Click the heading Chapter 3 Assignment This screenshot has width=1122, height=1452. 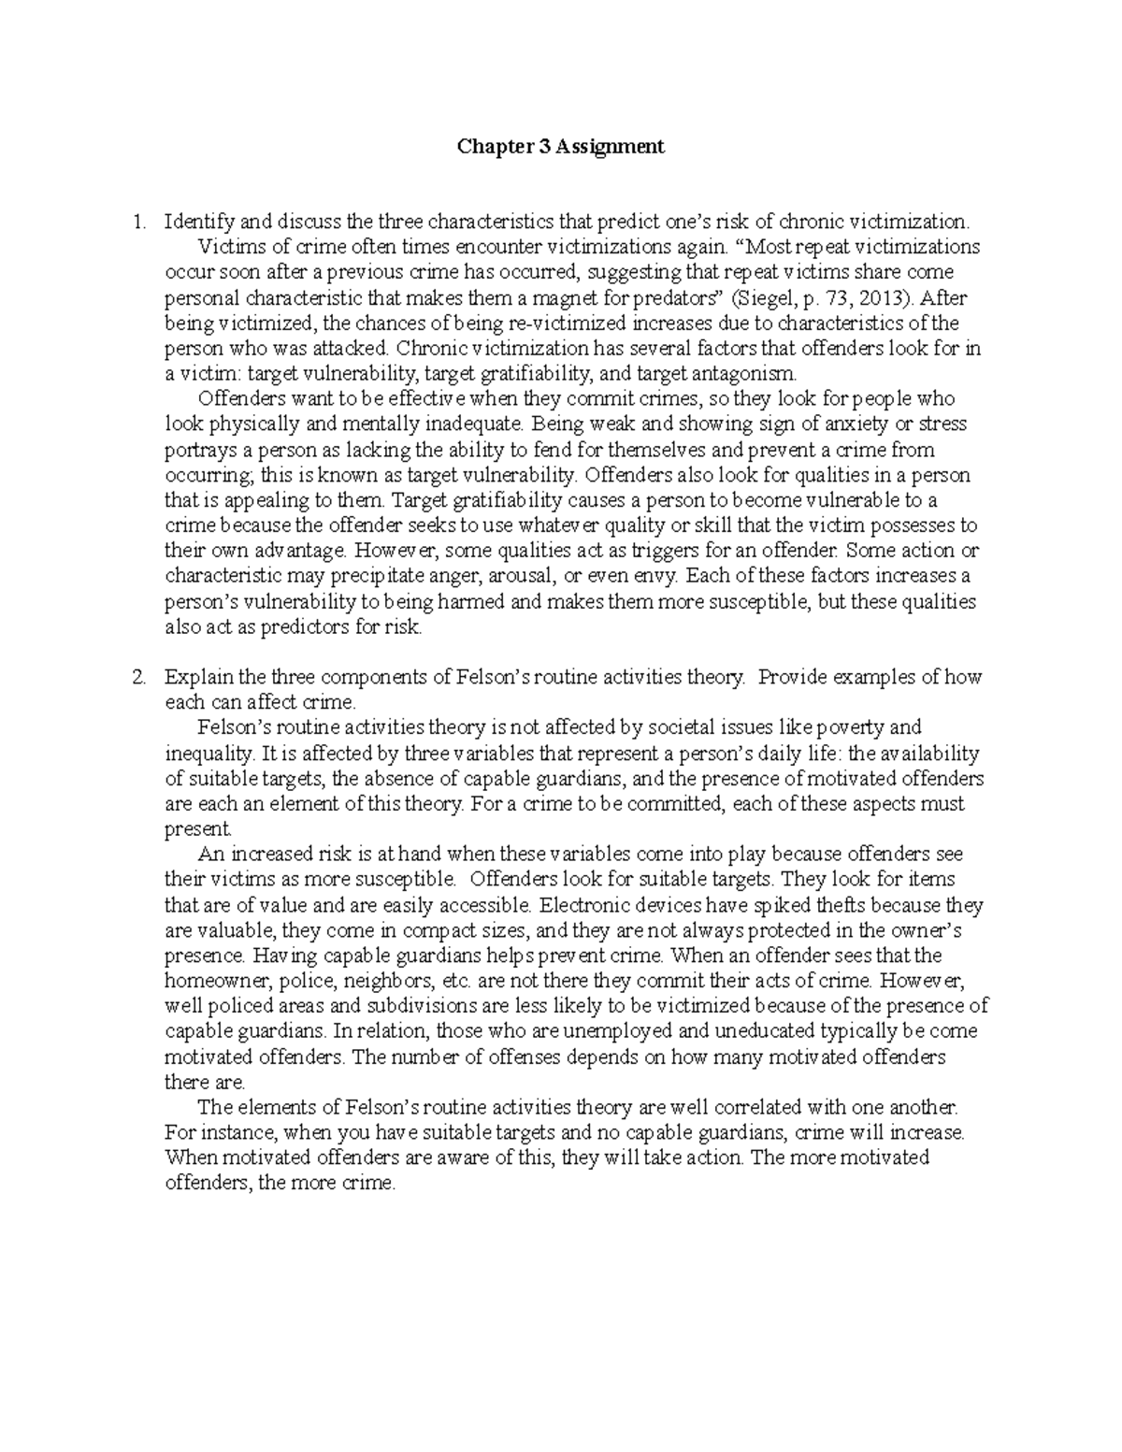(x=560, y=147)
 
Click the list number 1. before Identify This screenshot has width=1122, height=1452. (x=138, y=223)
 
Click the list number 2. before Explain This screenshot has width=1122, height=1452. (x=138, y=678)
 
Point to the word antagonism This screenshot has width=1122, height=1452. (x=750, y=374)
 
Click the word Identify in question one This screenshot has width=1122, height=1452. (x=200, y=223)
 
